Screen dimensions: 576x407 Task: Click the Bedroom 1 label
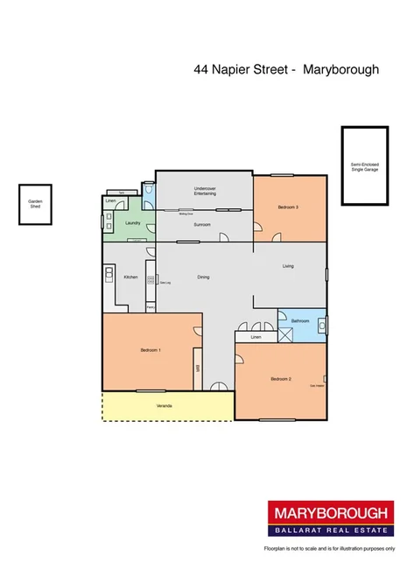coord(150,350)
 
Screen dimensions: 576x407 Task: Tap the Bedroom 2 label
coord(280,378)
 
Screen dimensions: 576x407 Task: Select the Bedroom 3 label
coord(289,207)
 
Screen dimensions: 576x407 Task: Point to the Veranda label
coord(165,407)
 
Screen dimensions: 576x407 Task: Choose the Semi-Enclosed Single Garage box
coord(364,166)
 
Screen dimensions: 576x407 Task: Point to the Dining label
coord(203,277)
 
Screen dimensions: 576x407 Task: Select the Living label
coord(288,265)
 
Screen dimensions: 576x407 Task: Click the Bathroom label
coord(302,321)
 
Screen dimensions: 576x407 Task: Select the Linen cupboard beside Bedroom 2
coord(255,337)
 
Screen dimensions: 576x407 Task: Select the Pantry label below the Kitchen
coord(151,307)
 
